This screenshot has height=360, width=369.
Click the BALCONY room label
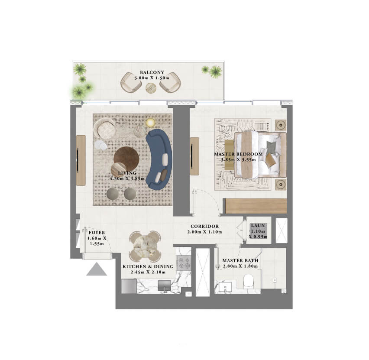tap(152, 72)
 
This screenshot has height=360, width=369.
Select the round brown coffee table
tap(126, 157)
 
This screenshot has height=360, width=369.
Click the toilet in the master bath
tap(248, 281)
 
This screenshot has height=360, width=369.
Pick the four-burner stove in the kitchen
tap(184, 263)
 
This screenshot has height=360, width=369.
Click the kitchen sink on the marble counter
tap(165, 286)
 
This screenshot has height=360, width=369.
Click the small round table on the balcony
tap(151, 88)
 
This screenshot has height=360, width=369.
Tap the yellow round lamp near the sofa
tap(150, 123)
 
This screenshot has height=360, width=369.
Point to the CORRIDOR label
tap(205, 226)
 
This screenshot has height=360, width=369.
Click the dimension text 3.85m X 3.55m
tap(238, 159)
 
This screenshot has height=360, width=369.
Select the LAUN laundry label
tap(258, 225)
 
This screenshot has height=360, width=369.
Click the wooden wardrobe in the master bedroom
tap(256, 206)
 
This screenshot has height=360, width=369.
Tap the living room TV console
tap(81, 160)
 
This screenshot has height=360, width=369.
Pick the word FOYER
tap(97, 232)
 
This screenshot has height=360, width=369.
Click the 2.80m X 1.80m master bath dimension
tap(240, 266)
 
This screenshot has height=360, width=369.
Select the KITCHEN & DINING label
tap(148, 266)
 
